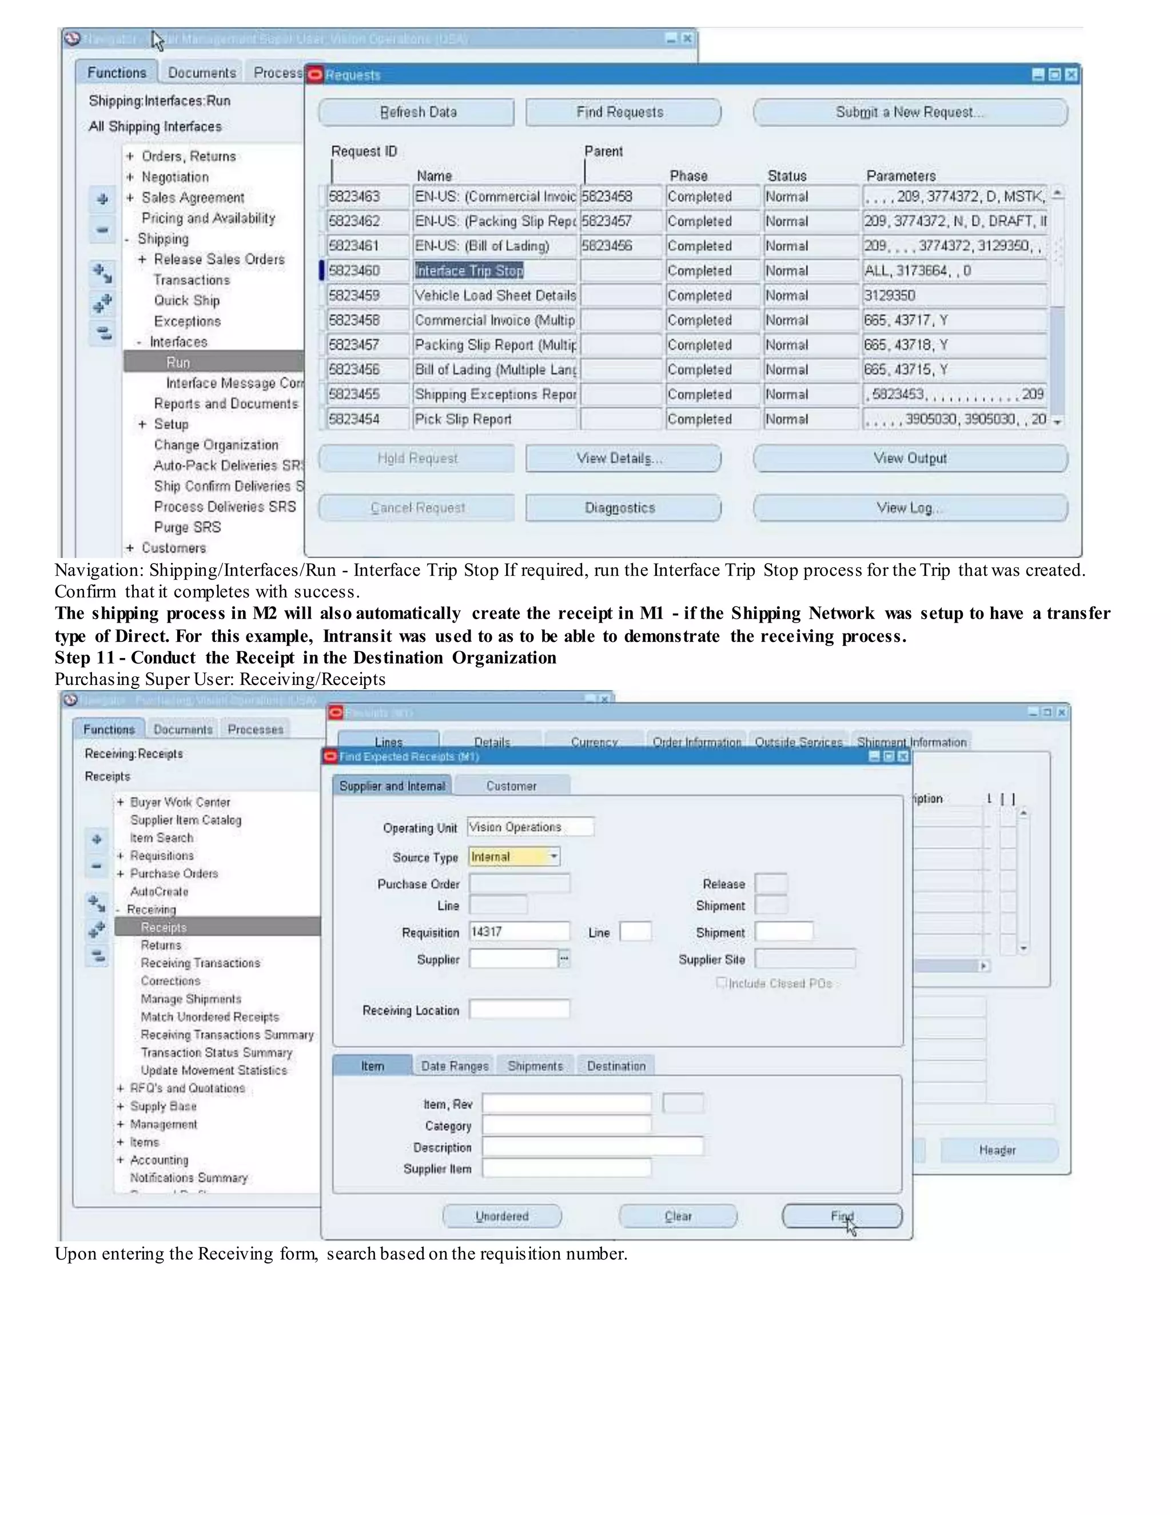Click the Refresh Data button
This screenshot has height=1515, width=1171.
point(416,113)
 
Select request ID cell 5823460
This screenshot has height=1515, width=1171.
point(368,270)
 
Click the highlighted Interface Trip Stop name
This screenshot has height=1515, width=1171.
point(469,270)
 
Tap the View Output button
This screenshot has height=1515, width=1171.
point(910,459)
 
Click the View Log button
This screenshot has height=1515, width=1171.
point(910,508)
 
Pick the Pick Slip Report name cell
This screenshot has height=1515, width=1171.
point(494,419)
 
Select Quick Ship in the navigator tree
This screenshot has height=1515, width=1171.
point(186,300)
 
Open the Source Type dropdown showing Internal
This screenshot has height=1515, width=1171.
point(553,857)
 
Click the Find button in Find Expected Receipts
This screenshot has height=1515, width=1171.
point(842,1216)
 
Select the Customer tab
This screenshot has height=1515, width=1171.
point(511,786)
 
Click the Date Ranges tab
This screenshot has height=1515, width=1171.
point(455,1066)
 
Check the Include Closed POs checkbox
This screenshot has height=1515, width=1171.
point(722,982)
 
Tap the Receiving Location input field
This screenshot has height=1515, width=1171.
point(519,1009)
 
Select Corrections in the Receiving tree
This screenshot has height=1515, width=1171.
point(170,981)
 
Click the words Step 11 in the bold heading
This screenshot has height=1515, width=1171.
point(85,657)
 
